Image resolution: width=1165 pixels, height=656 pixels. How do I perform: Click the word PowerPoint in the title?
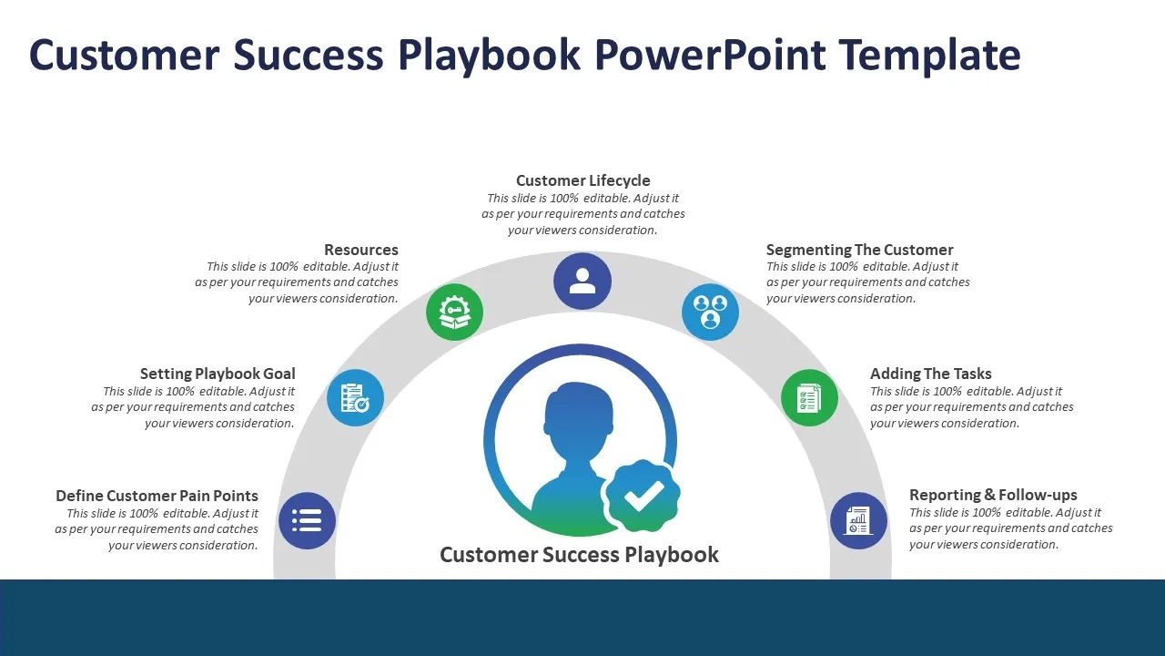tap(710, 55)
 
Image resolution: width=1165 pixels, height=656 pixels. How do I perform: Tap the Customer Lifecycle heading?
tap(583, 180)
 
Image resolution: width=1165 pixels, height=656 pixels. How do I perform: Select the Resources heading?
tap(361, 250)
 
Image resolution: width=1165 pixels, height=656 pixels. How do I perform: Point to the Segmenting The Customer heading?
tap(860, 250)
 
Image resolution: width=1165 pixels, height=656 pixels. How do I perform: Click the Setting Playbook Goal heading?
tap(218, 374)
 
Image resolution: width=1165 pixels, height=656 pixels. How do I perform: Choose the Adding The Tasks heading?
tap(931, 374)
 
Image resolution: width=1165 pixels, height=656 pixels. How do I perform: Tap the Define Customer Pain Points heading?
tap(157, 495)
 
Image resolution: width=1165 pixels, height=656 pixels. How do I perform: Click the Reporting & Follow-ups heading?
tap(993, 495)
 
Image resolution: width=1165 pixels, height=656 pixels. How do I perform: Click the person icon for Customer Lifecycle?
tap(582, 282)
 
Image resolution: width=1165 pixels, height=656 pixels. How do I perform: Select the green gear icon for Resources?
tap(454, 312)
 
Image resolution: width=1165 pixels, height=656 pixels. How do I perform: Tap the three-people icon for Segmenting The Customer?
tap(711, 312)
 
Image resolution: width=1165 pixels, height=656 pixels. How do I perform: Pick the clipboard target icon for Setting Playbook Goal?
tap(355, 398)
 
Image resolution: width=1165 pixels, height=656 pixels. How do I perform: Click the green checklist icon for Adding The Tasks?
tap(809, 398)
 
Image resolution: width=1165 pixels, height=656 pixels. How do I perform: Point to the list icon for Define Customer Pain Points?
tap(307, 520)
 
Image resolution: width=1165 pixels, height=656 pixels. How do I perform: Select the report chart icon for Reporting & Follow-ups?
tap(858, 520)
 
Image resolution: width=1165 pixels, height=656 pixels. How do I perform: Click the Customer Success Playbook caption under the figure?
tap(580, 555)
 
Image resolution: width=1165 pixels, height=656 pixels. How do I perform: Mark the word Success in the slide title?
tap(309, 55)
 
